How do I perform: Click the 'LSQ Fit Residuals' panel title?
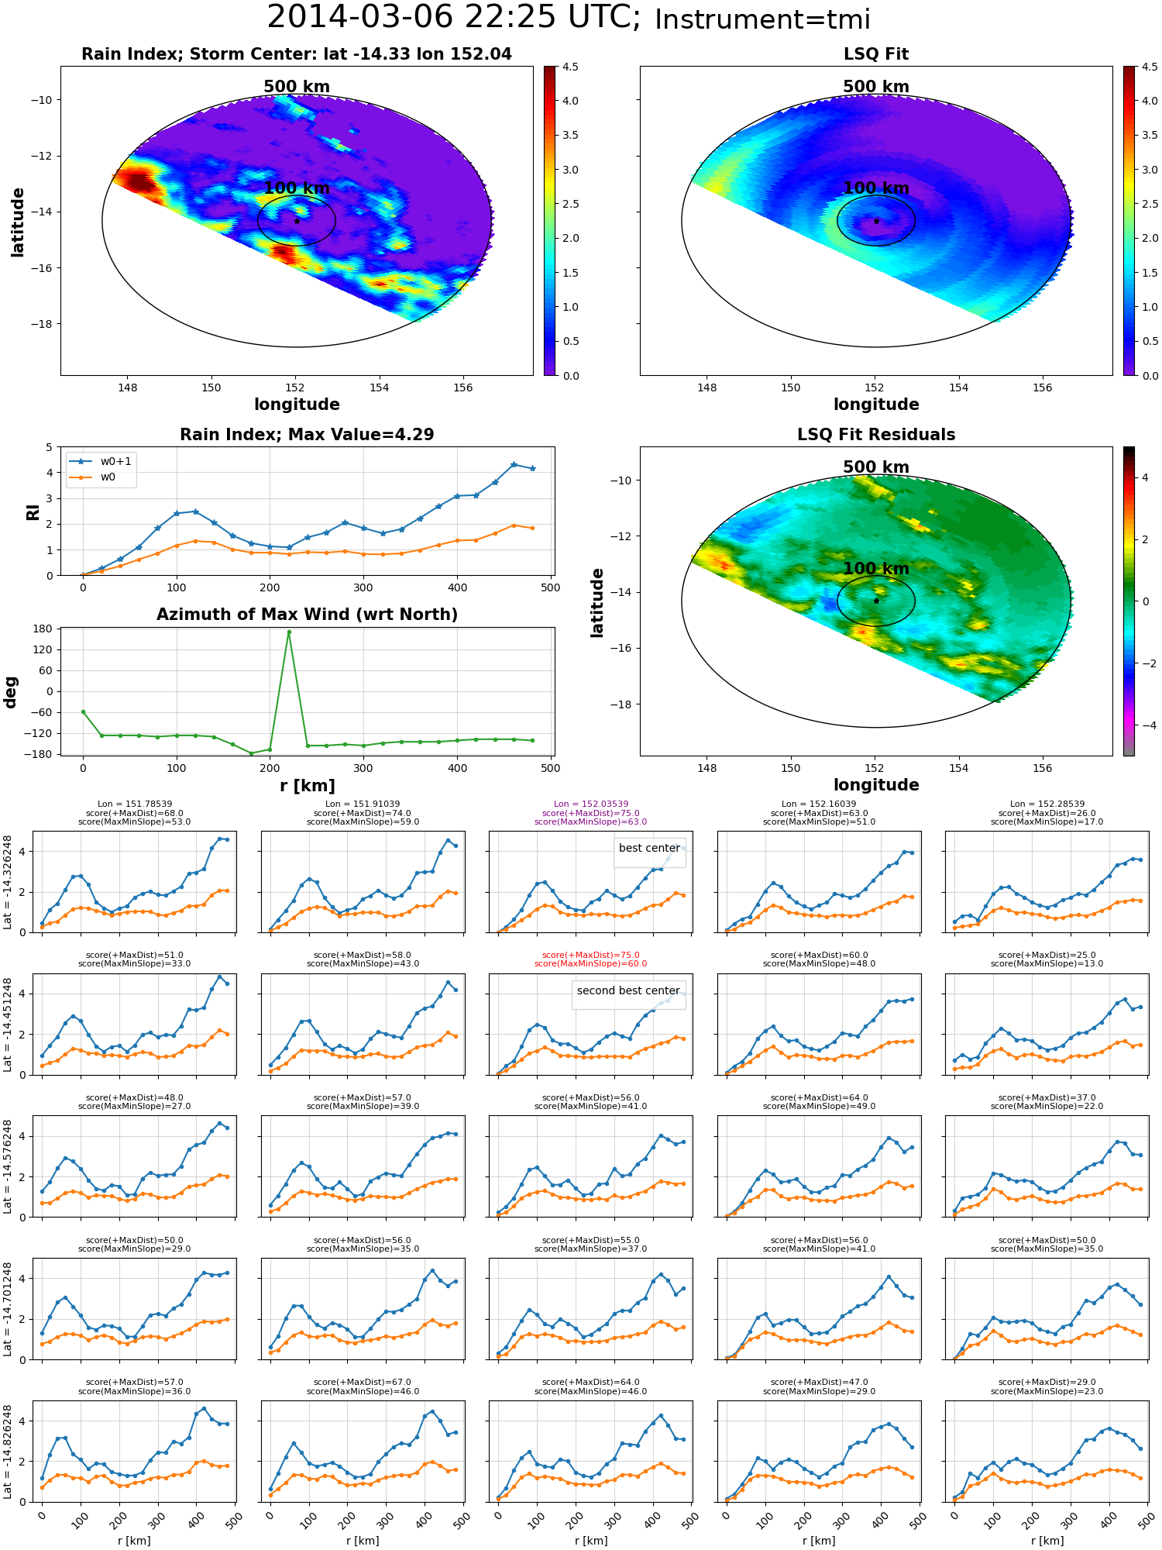coord(876,435)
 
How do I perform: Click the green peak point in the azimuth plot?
coord(289,632)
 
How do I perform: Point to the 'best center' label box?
coord(649,848)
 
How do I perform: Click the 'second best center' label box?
coord(628,990)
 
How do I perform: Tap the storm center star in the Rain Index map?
coord(297,221)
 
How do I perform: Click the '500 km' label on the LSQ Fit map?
coord(876,87)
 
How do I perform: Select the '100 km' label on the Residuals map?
coord(876,569)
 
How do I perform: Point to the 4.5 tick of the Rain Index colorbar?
coord(570,67)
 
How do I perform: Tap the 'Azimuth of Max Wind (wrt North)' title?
coord(307,615)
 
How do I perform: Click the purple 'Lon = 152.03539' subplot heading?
coord(591,804)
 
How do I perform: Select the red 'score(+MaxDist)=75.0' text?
coord(591,956)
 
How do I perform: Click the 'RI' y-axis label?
coord(33,511)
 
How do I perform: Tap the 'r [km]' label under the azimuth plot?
coord(308,786)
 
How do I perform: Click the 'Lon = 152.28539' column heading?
coord(1047,804)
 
